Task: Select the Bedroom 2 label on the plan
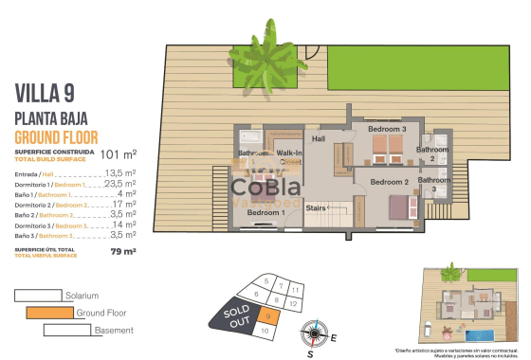point(389,181)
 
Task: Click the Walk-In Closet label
point(289,157)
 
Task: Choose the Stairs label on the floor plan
point(316,208)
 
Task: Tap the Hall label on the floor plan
point(319,139)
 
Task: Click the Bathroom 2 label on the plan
point(433,153)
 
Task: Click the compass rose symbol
point(313,333)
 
